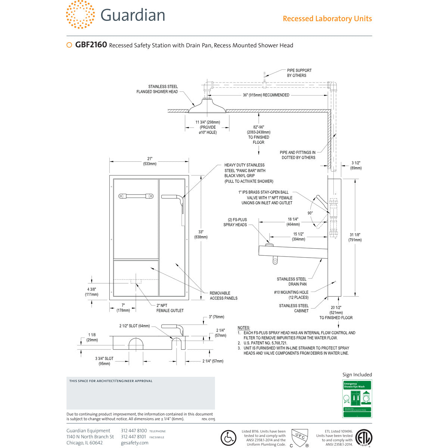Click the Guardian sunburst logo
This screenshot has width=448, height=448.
80,15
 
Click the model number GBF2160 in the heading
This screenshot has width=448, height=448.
91,45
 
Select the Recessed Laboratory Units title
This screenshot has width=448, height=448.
327,19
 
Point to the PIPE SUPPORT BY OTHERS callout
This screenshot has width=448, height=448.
299,73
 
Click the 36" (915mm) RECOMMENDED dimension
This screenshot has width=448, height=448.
266,95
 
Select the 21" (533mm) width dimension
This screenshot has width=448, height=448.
149,161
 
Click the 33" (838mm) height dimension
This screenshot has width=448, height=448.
201,234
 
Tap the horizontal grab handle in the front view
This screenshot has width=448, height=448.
136,196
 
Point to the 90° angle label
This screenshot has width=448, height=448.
310,213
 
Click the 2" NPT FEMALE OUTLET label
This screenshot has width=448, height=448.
170,308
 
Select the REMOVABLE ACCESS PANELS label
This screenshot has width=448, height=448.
223,296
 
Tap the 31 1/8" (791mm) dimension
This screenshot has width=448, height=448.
355,237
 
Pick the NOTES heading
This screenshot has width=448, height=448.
244,328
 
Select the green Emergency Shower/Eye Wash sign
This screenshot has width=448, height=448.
357,399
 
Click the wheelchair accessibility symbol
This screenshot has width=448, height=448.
228,438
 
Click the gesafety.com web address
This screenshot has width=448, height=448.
134,443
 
